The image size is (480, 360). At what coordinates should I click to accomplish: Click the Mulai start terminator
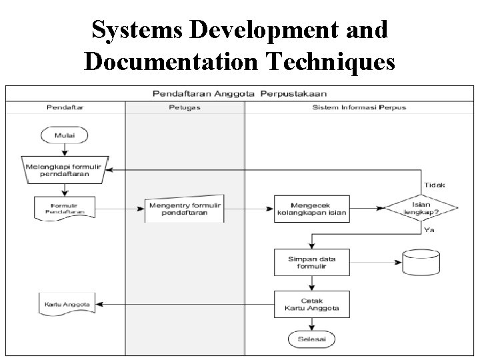tap(65, 135)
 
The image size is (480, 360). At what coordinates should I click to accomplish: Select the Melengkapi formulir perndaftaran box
tap(65, 169)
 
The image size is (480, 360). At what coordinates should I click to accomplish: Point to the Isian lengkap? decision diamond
tap(421, 208)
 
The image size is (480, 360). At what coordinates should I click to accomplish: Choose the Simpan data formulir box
tap(311, 262)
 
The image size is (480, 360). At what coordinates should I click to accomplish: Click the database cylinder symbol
tap(422, 263)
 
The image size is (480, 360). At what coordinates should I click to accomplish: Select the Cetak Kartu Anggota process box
tap(311, 304)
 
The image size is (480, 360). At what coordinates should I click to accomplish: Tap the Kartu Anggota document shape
tap(65, 304)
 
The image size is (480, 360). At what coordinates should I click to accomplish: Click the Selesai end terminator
tap(311, 339)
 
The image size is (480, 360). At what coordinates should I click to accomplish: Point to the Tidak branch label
tap(433, 185)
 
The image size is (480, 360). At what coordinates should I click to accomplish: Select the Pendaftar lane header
tap(65, 107)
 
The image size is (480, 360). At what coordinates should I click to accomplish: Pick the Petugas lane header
tap(185, 107)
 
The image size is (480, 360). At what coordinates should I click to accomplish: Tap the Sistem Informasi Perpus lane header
tap(359, 107)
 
